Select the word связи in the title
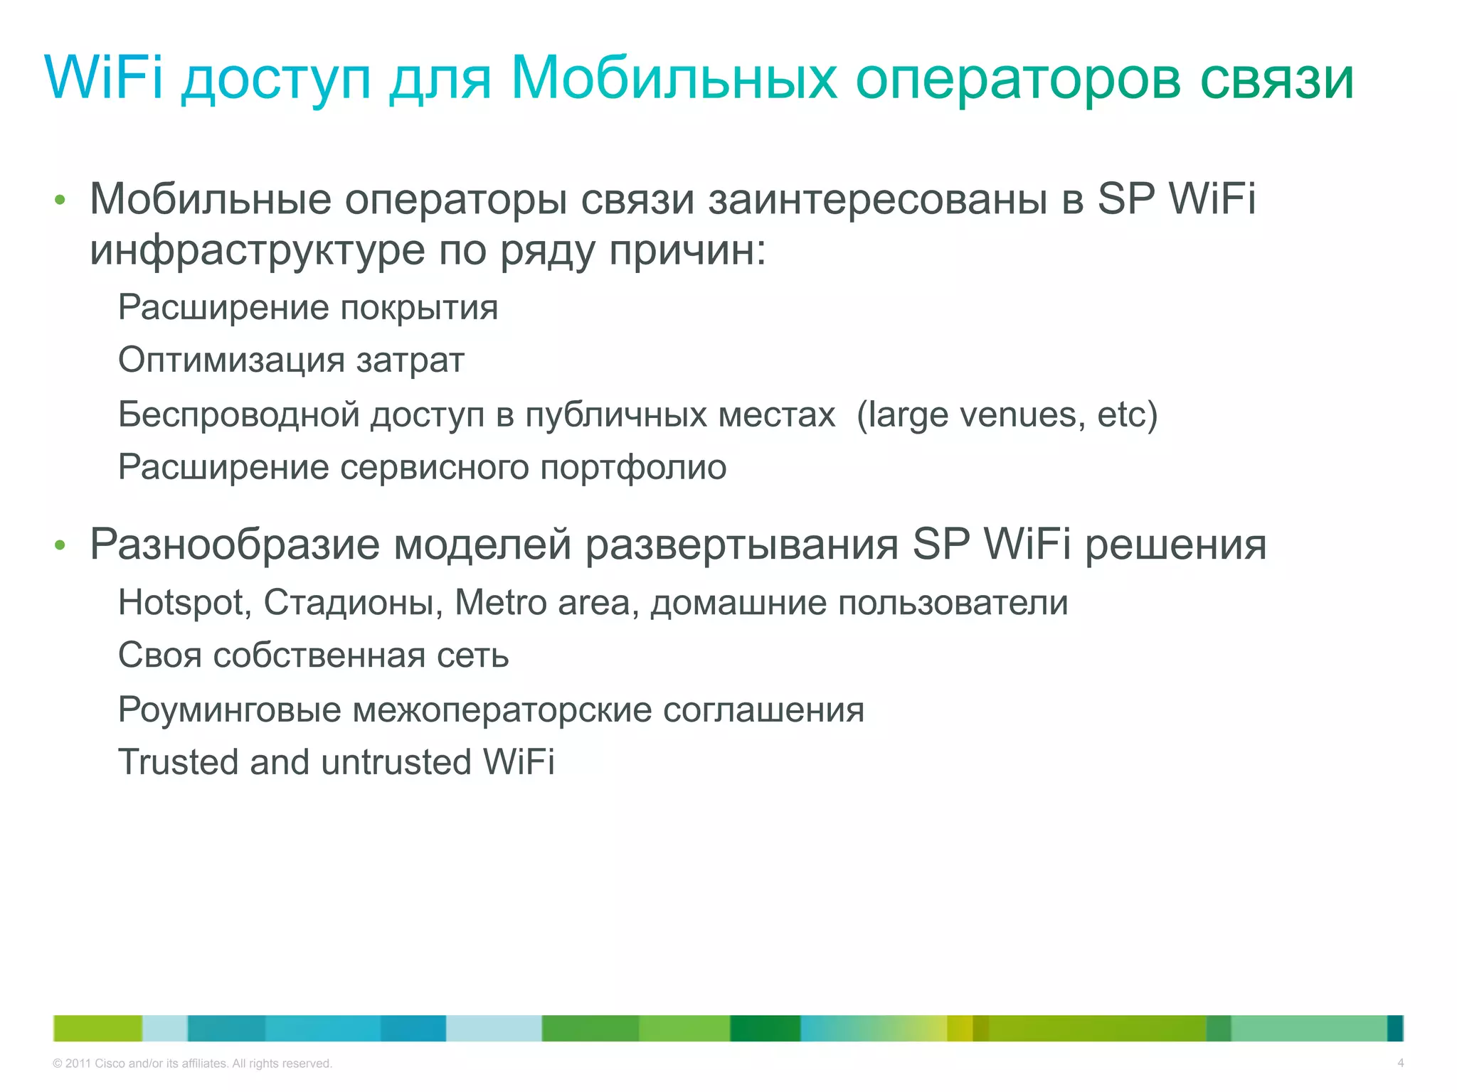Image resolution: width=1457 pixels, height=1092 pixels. [1276, 78]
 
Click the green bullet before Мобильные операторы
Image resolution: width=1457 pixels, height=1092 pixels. [60, 200]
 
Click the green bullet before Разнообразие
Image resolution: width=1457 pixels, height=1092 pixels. [60, 546]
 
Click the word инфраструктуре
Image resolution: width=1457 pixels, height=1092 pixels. [257, 252]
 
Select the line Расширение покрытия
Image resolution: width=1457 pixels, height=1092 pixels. [307, 309]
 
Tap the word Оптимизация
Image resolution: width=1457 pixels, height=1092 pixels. [231, 361]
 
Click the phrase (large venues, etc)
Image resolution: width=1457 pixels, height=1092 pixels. [1007, 415]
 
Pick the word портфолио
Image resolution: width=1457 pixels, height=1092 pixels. [633, 469]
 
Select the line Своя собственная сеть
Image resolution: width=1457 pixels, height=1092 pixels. [313, 655]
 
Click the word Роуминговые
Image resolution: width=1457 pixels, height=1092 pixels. [229, 710]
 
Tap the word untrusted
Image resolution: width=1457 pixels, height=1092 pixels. [396, 762]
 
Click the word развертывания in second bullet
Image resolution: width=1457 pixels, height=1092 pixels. [742, 546]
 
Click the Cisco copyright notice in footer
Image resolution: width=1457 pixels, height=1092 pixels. [192, 1064]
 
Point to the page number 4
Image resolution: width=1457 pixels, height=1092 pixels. [1400, 1064]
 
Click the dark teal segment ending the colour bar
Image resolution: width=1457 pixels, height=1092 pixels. [1394, 1028]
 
